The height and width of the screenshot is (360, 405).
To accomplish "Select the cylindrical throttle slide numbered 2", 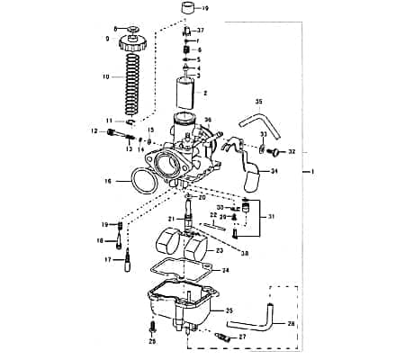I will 186,92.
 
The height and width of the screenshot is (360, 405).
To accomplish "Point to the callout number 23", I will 220,251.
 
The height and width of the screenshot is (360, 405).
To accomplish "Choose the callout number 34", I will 274,171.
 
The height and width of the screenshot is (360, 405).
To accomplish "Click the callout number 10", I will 105,77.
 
